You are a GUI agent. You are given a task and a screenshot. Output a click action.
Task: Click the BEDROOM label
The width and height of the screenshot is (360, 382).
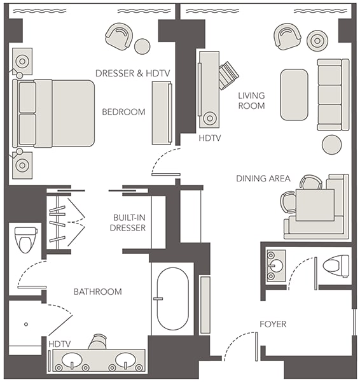(123, 112)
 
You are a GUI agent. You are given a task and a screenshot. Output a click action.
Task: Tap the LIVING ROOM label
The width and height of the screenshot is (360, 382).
(251, 101)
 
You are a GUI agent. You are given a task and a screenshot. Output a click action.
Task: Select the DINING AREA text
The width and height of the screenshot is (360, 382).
(263, 178)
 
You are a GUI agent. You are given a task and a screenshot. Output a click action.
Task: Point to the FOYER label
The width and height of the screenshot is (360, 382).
(273, 324)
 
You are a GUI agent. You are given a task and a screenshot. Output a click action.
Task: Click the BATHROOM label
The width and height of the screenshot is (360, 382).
(97, 292)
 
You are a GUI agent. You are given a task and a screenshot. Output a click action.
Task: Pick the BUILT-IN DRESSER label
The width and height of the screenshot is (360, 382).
(128, 222)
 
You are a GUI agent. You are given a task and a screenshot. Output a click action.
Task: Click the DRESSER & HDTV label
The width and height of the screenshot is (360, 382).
(133, 73)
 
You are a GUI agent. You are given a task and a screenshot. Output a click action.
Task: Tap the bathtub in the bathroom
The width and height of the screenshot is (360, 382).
(172, 299)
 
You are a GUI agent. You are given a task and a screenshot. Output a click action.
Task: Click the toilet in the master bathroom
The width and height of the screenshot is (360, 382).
(25, 240)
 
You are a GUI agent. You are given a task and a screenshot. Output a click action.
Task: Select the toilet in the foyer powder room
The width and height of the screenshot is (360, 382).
(336, 265)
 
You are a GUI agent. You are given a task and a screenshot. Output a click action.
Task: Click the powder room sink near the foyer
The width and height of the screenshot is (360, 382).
(276, 265)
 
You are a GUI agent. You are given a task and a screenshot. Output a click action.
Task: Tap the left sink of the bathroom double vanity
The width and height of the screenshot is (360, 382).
(72, 360)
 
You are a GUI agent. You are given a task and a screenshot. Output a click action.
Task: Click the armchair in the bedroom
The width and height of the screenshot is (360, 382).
(119, 36)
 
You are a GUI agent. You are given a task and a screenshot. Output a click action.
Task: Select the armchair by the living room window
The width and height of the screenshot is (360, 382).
(287, 36)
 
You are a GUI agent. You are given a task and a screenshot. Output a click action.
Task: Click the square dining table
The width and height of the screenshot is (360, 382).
(315, 205)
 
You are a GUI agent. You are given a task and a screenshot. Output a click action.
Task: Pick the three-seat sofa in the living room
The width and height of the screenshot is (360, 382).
(333, 94)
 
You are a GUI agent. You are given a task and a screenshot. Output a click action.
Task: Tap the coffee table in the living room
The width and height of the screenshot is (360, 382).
(294, 95)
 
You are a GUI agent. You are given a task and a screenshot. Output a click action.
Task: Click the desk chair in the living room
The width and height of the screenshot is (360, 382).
(228, 75)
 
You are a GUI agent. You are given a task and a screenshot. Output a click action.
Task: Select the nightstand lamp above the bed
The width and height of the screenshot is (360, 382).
(22, 61)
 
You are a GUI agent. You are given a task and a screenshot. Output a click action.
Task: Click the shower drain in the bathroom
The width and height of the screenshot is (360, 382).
(26, 324)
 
